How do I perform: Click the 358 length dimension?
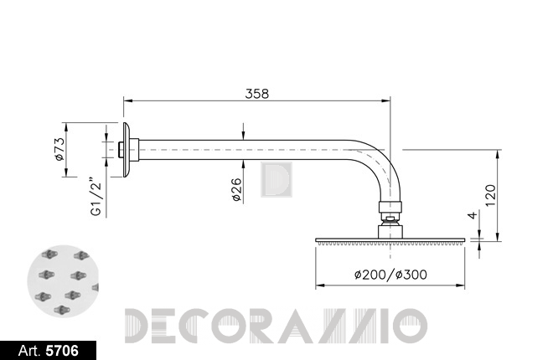click(256, 94)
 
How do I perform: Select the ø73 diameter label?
click(60, 149)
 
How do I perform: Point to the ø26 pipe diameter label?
click(237, 189)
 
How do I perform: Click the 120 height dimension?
click(490, 196)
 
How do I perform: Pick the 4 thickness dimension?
click(473, 214)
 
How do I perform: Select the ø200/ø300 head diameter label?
click(390, 275)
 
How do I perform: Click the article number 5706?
click(63, 351)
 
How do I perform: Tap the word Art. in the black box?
click(29, 351)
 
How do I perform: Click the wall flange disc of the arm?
click(127, 150)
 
